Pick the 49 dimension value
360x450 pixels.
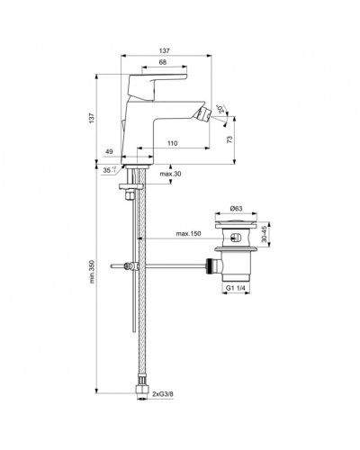110,152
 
